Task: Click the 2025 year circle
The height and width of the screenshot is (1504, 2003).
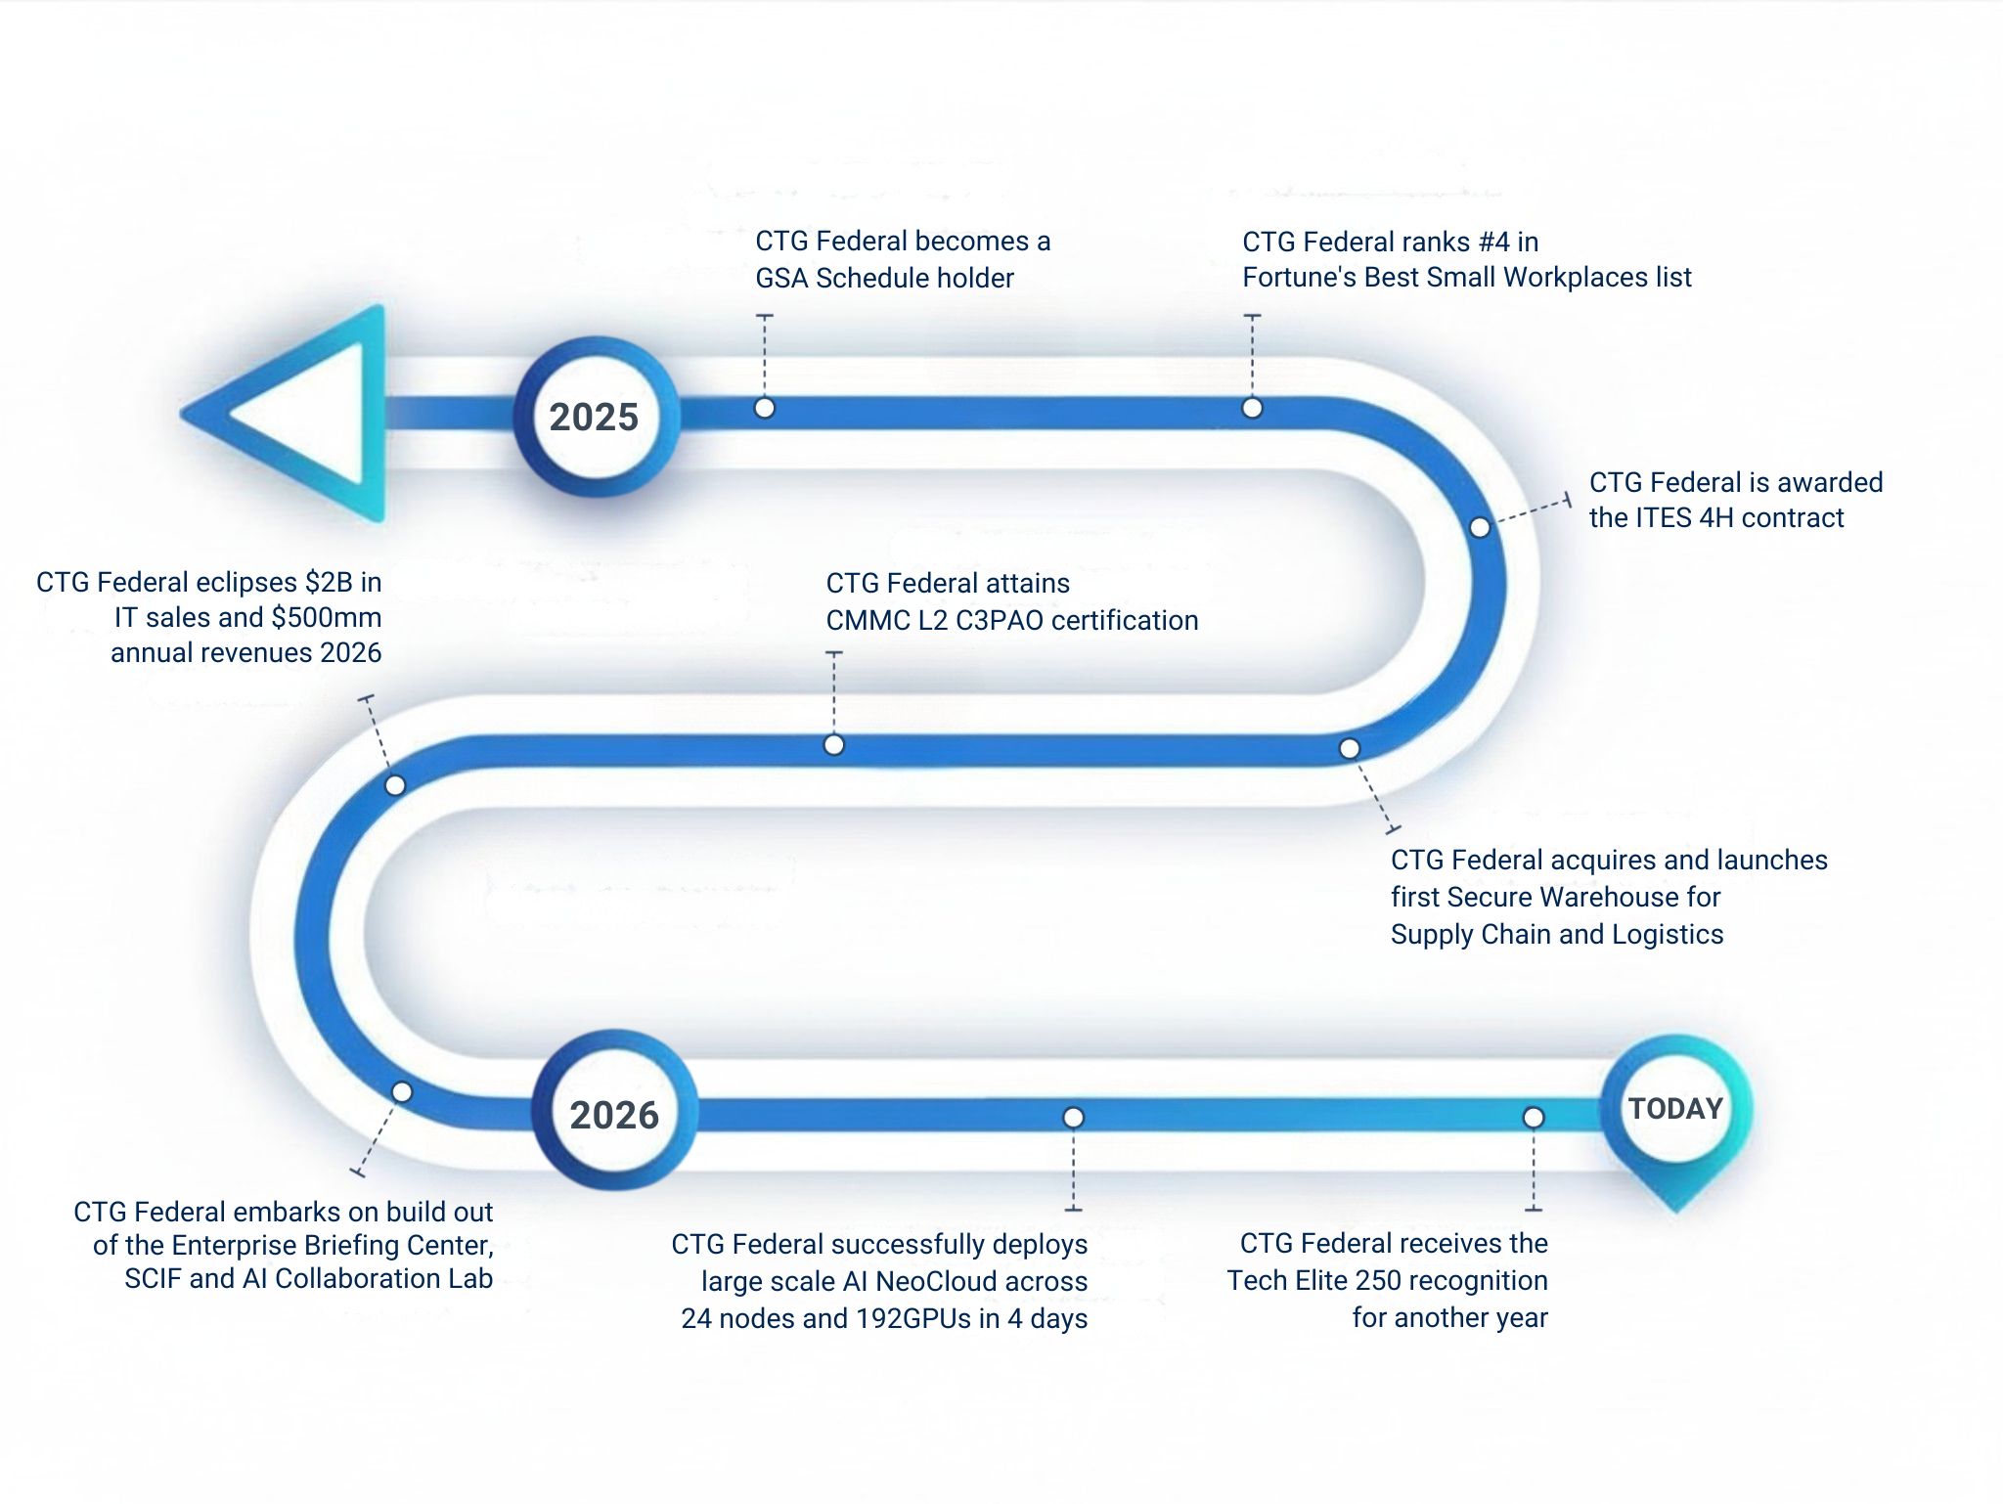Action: point(594,418)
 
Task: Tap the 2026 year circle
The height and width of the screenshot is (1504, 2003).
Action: point(614,1115)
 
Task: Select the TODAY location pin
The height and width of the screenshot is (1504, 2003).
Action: point(1675,1110)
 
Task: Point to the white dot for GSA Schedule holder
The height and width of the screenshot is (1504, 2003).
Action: point(765,408)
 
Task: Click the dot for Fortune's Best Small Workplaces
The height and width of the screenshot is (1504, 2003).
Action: point(1252,408)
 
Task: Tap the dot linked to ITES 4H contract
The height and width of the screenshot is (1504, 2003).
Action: point(1480,528)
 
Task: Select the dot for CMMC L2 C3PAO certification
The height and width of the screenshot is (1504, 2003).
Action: point(833,745)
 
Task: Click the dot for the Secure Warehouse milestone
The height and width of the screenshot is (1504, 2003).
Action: point(1350,749)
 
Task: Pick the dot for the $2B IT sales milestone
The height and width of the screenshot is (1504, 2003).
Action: point(395,785)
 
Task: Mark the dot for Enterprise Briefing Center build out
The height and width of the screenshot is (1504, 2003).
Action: point(402,1092)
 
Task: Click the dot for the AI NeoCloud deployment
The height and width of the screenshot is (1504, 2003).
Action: point(1073,1118)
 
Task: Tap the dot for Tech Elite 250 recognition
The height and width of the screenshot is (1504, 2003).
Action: point(1534,1118)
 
